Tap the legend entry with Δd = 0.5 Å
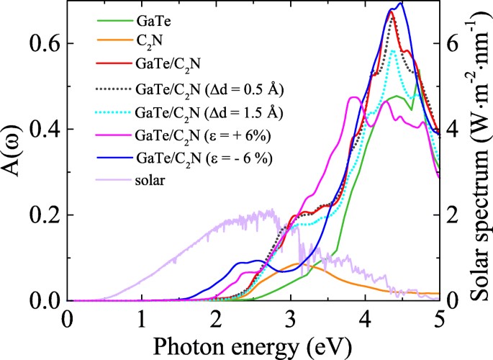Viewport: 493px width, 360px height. click(209, 89)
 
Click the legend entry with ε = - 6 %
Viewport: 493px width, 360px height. click(206, 158)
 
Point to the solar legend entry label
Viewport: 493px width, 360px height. click(150, 179)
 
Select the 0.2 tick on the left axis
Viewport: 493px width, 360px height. click(45, 215)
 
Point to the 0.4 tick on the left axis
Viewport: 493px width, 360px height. click(45, 130)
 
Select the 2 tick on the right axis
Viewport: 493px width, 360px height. click(451, 215)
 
